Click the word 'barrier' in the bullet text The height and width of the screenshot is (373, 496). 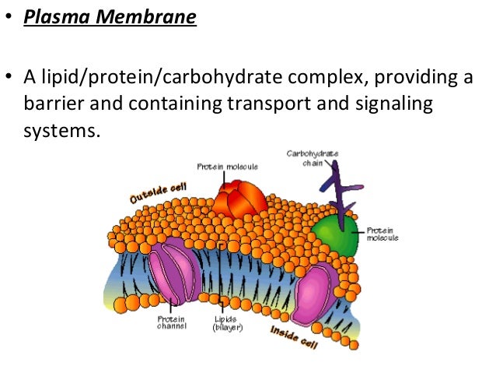55,104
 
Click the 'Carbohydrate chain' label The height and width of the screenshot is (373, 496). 313,159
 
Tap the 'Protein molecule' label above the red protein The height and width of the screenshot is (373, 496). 227,167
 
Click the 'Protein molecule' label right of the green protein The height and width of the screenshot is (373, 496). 382,234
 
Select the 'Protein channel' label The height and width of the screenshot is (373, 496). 171,323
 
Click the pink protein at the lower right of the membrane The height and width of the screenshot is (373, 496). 313,292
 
